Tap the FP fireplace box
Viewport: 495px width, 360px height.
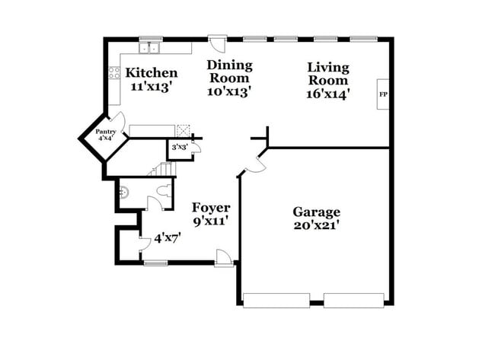(383, 94)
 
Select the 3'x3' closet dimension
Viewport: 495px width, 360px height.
(179, 146)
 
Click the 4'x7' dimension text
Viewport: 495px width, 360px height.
(168, 238)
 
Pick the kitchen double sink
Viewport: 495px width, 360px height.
(149, 48)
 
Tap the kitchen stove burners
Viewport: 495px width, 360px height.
(115, 74)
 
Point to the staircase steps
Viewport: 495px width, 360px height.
(161, 170)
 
